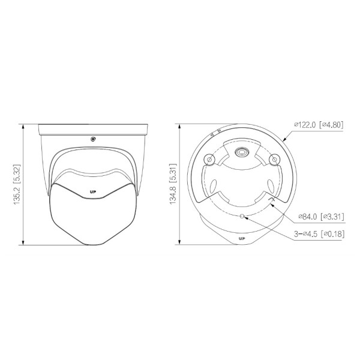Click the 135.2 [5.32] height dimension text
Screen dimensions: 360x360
(x=17, y=184)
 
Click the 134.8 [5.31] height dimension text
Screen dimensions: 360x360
(x=173, y=184)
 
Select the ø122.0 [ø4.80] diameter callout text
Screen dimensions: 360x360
(x=319, y=125)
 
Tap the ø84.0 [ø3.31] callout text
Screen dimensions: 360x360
(x=321, y=216)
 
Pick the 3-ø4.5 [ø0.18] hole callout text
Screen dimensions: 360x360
(x=319, y=234)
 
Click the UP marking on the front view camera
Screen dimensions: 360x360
(x=93, y=192)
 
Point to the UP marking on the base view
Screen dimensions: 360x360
(x=242, y=239)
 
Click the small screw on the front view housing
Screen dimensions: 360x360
(x=93, y=139)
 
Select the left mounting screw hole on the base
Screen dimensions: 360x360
(x=209, y=160)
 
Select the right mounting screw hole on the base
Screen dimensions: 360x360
(x=274, y=160)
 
